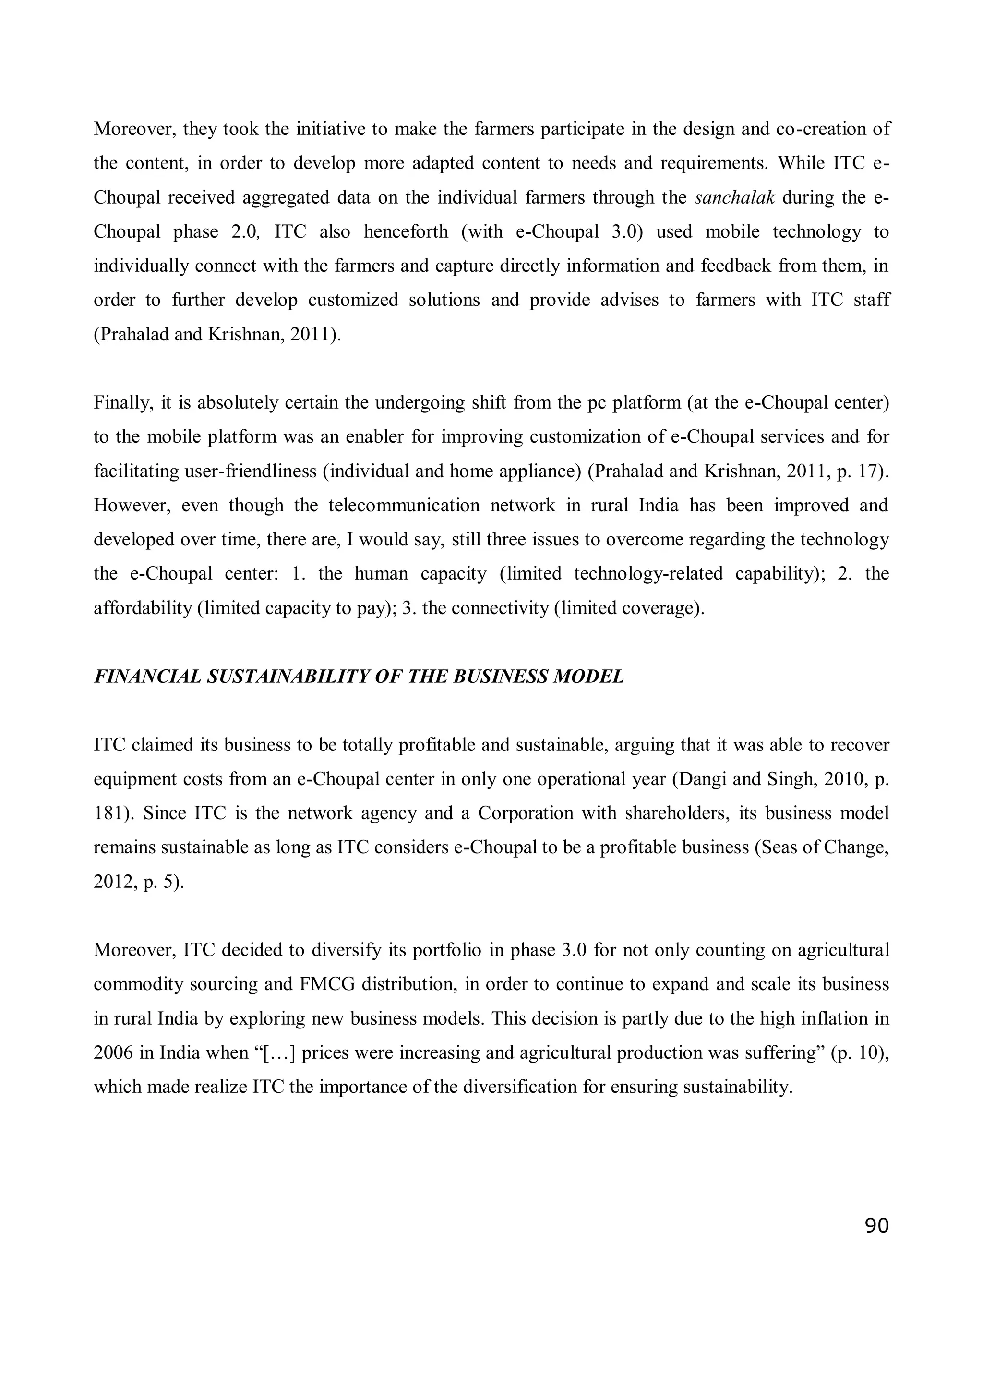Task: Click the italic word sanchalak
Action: pos(734,197)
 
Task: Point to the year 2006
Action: pos(113,1053)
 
